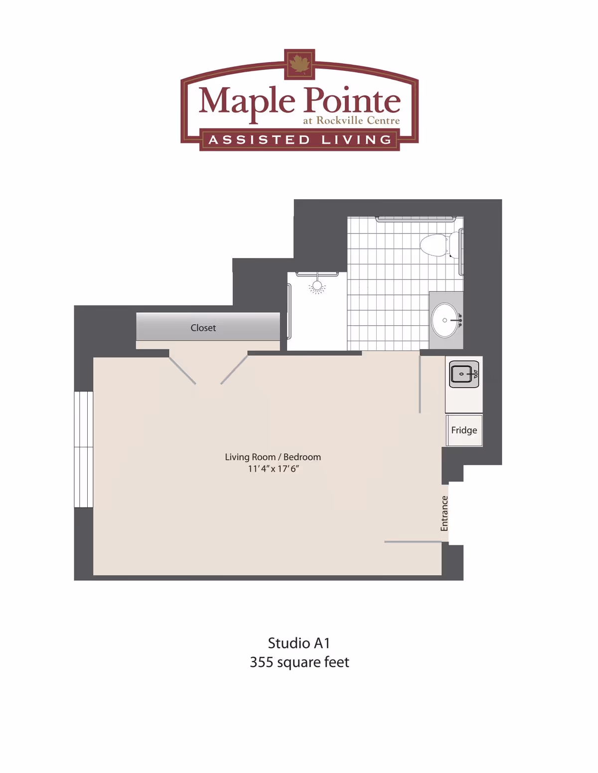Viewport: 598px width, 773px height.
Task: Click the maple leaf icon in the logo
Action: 299,64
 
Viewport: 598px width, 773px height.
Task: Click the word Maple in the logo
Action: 247,101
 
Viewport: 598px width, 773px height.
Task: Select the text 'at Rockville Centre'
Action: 351,121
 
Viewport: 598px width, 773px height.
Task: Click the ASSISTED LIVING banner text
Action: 300,140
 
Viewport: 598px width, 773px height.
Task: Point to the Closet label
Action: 203,328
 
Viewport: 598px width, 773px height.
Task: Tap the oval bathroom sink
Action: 446,320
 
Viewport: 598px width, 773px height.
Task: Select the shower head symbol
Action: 317,286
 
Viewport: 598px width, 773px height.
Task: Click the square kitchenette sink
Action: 464,374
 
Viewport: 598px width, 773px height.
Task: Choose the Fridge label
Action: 464,430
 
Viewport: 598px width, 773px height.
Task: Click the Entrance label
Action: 445,513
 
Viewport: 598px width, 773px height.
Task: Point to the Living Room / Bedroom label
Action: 273,457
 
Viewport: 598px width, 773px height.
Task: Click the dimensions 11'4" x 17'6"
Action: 273,469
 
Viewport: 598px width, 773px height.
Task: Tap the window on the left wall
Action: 84,449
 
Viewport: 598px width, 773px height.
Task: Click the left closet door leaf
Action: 182,371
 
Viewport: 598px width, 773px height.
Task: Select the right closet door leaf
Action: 234,370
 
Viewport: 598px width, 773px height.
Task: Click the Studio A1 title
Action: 299,643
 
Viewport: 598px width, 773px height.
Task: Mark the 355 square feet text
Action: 299,662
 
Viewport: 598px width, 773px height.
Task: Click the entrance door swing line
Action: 413,541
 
